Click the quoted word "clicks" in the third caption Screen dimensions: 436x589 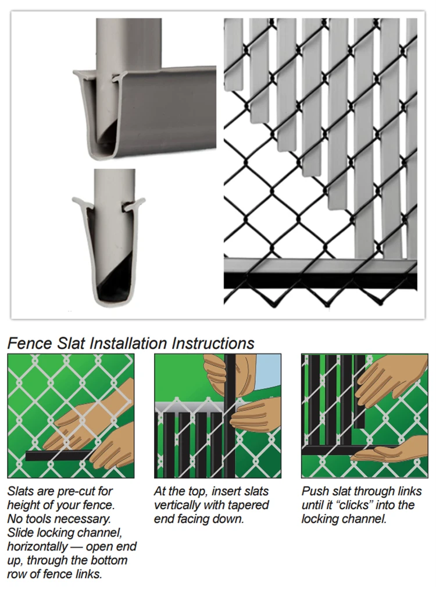point(357,505)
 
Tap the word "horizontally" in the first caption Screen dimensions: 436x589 point(37,547)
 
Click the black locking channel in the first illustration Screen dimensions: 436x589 point(60,456)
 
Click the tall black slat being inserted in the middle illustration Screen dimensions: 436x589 point(229,415)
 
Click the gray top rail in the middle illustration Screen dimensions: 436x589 point(190,407)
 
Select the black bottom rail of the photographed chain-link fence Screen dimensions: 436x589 point(320,281)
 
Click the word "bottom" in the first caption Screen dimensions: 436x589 point(108,560)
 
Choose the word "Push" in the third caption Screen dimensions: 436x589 point(313,491)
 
